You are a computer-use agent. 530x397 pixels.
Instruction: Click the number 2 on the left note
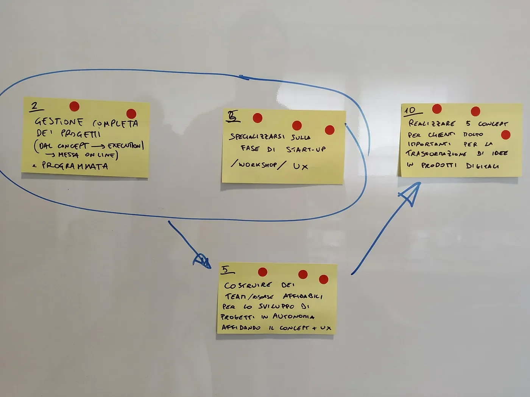pyautogui.click(x=35, y=106)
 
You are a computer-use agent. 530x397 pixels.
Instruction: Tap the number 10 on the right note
pyautogui.click(x=410, y=110)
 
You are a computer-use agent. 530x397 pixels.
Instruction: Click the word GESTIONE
pyautogui.click(x=59, y=122)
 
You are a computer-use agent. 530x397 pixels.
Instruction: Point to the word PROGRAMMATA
pyautogui.click(x=75, y=166)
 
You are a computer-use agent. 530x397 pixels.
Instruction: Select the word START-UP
pyautogui.click(x=306, y=149)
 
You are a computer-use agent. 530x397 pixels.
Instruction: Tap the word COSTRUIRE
pyautogui.click(x=248, y=285)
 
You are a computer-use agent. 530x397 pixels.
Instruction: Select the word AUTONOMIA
pyautogui.click(x=292, y=317)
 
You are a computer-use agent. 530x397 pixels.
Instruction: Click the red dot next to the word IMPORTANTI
pyautogui.click(x=505, y=135)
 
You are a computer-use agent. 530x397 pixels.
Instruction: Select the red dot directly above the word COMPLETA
pyautogui.click(x=131, y=113)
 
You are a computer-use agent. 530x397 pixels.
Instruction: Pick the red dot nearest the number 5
pyautogui.click(x=262, y=272)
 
